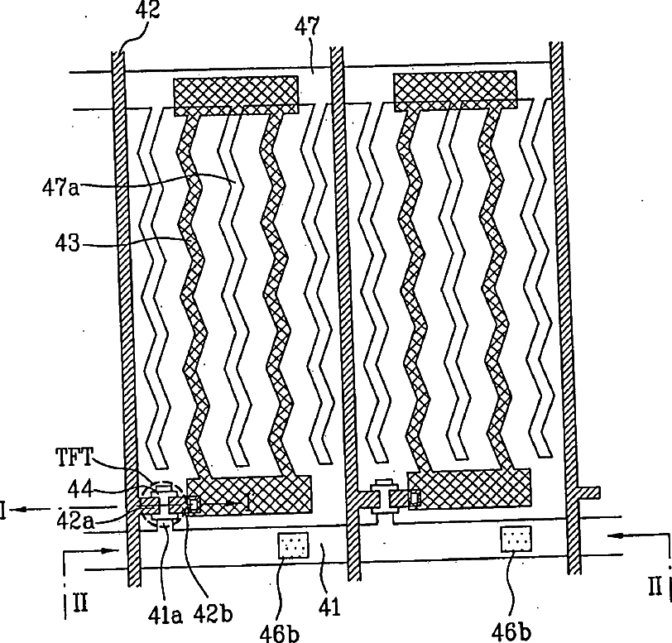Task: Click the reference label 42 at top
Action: [147, 10]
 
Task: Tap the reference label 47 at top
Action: [307, 26]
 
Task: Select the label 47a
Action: [61, 187]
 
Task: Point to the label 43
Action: [67, 243]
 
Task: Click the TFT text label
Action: [74, 457]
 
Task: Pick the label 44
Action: [80, 489]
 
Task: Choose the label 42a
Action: [75, 521]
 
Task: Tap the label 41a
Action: [165, 615]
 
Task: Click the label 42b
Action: [213, 614]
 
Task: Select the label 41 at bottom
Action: [329, 607]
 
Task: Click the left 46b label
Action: [280, 633]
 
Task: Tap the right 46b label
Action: [511, 631]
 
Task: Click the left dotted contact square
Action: [293, 545]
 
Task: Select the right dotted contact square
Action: [516, 539]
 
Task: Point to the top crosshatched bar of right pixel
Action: [455, 92]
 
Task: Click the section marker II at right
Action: [655, 586]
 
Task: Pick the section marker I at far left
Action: [3, 511]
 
